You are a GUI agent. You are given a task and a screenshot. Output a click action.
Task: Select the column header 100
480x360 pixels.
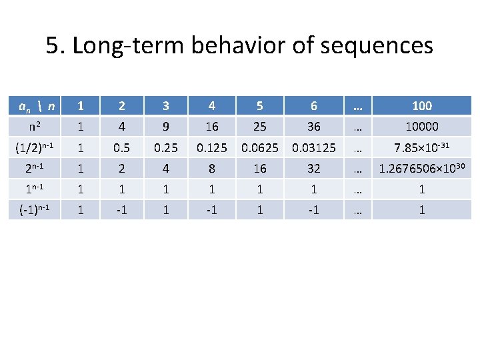coord(422,105)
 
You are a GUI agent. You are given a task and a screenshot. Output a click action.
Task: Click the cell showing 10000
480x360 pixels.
coord(422,126)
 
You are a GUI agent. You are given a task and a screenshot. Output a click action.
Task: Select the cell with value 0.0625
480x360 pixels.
coord(260,147)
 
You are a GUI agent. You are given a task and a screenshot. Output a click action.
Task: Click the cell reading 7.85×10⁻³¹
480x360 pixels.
coord(422,147)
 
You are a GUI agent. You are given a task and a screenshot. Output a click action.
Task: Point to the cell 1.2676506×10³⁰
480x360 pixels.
coord(422,168)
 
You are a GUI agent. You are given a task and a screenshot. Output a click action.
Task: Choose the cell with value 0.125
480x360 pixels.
coord(211,147)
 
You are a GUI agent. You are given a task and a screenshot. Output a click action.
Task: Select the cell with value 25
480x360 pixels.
coord(260,126)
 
